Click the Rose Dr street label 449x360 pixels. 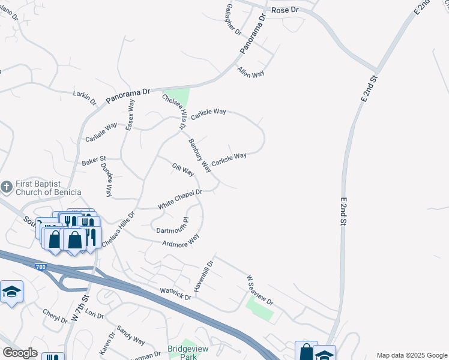285,11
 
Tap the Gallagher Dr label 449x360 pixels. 234,23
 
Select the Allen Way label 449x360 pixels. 251,73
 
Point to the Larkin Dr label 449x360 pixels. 85,97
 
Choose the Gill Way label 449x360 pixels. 183,170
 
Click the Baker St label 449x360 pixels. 94,161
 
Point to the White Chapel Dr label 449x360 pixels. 180,199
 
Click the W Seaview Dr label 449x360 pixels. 259,290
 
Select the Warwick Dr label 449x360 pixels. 175,293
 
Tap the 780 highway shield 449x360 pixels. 40,266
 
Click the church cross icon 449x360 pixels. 7,187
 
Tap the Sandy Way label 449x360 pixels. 131,335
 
